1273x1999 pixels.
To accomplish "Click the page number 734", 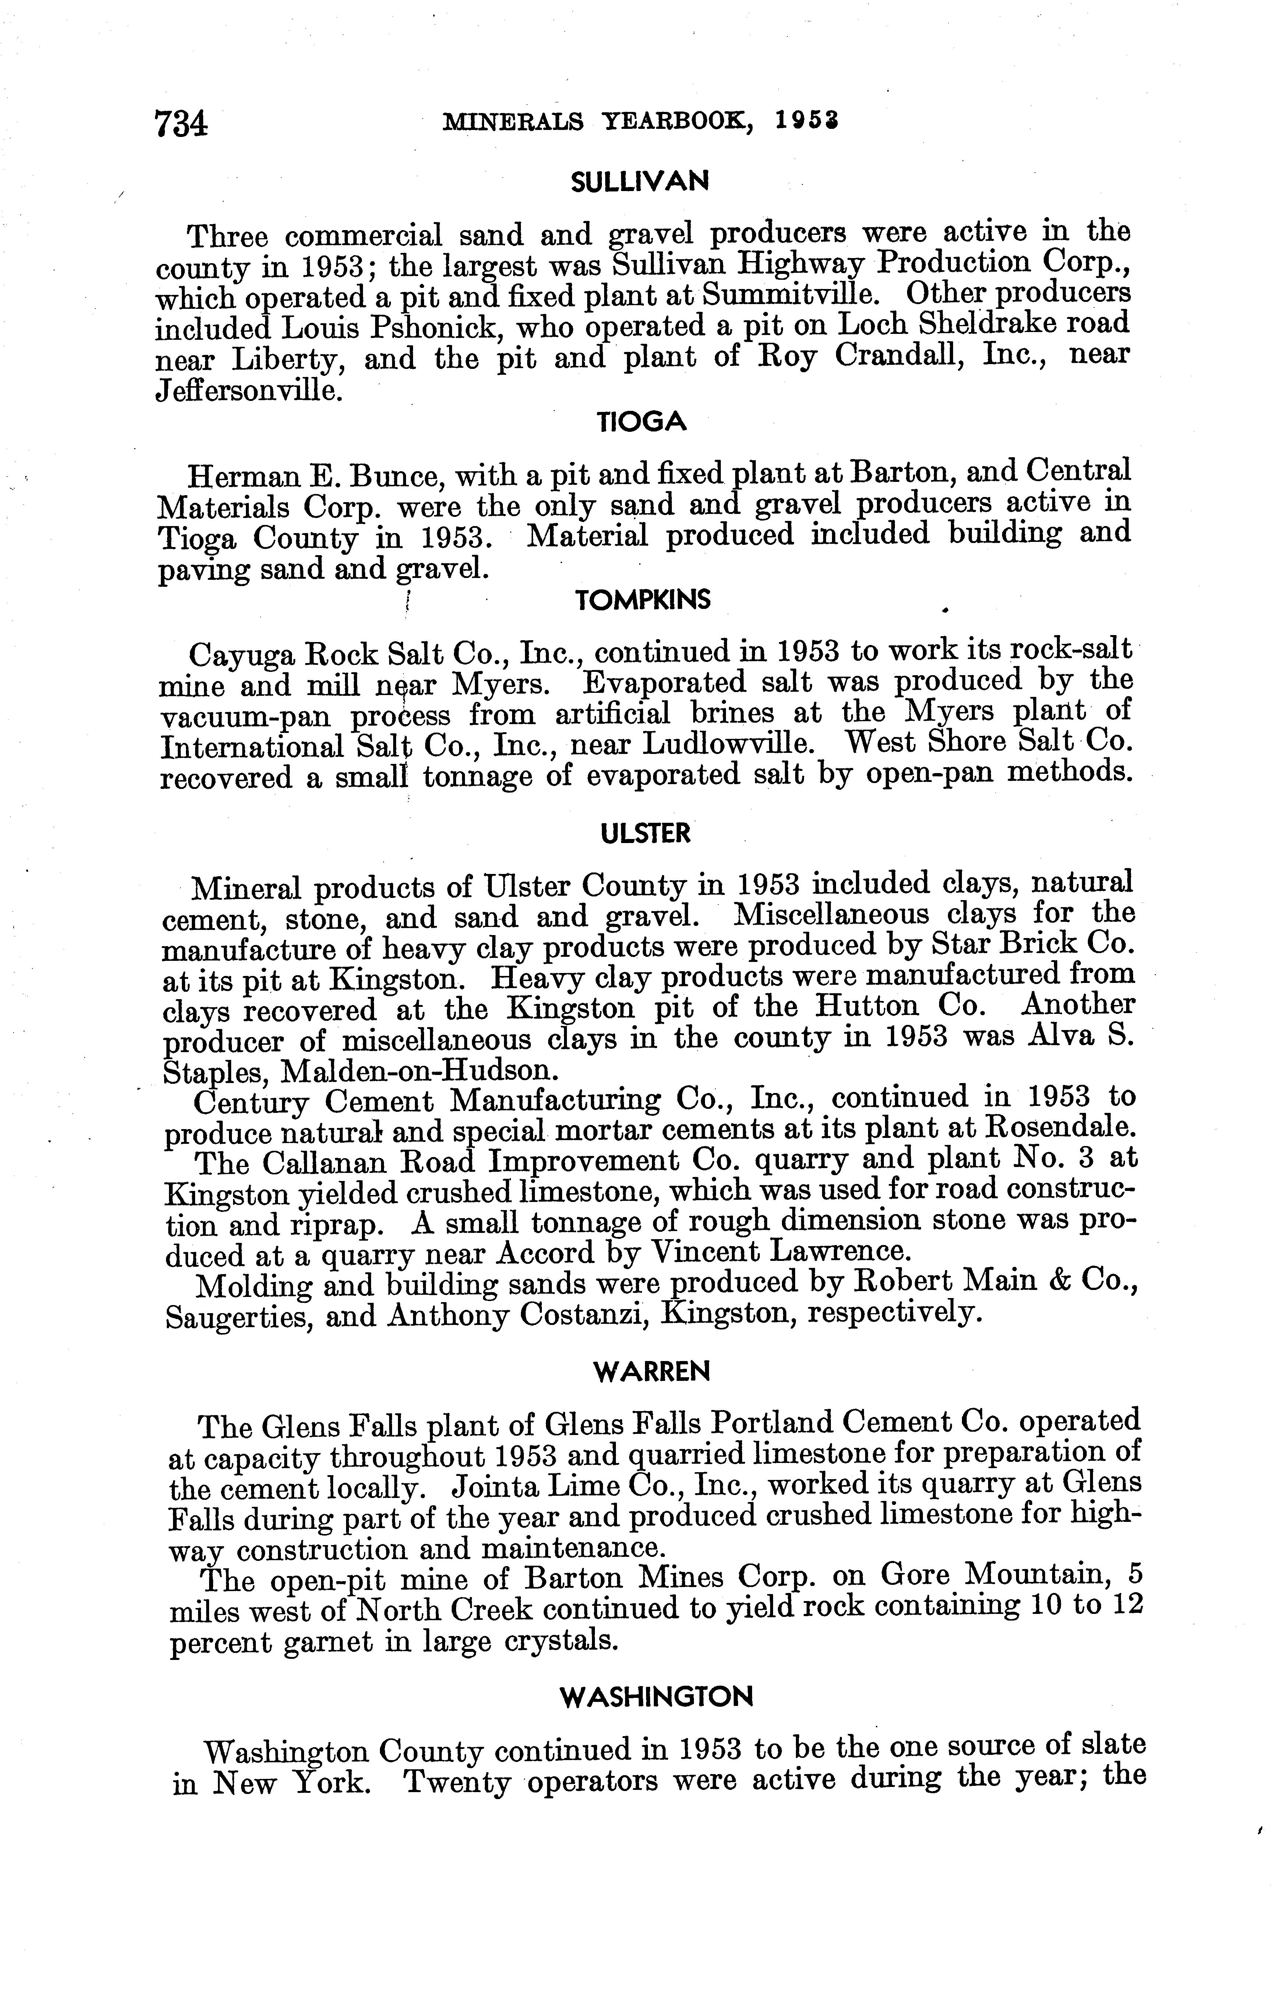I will (x=181, y=124).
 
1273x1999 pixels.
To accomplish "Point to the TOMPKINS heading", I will (x=643, y=600).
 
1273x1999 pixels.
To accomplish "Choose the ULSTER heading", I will (x=645, y=833).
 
